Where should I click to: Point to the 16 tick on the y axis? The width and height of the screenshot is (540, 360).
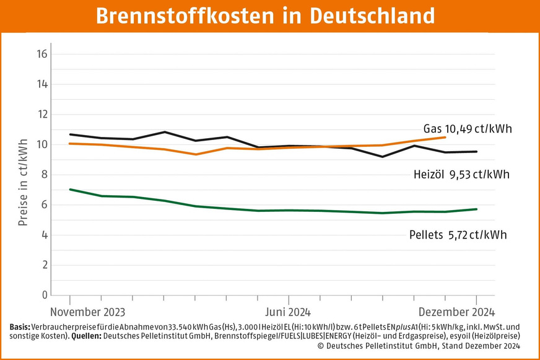(x=42, y=54)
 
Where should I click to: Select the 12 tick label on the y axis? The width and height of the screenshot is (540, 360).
(x=42, y=115)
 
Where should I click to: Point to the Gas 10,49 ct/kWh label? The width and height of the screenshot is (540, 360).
(x=468, y=129)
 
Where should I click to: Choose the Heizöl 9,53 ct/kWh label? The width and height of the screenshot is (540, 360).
(x=461, y=175)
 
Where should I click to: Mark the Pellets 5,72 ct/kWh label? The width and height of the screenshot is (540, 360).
(x=458, y=235)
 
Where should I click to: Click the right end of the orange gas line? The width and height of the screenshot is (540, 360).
(x=445, y=137)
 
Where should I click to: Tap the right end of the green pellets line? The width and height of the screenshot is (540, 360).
(x=476, y=209)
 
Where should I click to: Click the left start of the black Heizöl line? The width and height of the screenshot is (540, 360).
(x=70, y=134)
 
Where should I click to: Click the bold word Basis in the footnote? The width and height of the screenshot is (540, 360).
(x=19, y=327)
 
